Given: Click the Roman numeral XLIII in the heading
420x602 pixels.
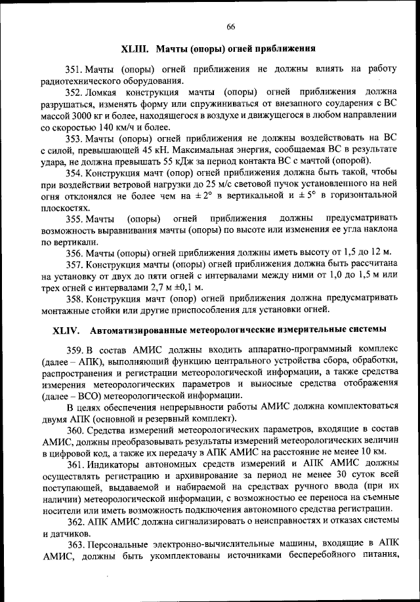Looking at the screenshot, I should click(x=136, y=49).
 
